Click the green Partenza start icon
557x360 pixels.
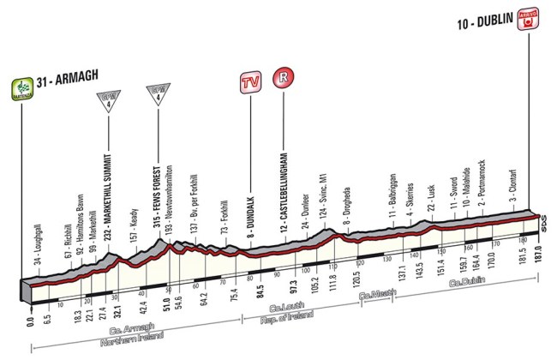19,87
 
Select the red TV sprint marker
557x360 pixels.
250,85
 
